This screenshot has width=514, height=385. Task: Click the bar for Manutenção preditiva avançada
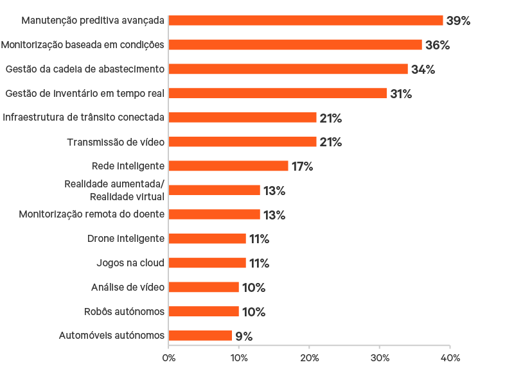[306, 21]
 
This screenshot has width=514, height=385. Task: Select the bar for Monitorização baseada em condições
[296, 45]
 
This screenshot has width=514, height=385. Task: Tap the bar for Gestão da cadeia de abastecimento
[288, 69]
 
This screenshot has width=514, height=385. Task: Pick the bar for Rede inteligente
[229, 166]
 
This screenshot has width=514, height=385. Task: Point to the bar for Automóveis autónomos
[200, 336]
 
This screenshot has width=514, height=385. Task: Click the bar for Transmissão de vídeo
[243, 142]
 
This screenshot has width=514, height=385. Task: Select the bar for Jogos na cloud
[208, 263]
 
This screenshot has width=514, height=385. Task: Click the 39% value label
[458, 21]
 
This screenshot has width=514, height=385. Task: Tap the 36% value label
[437, 46]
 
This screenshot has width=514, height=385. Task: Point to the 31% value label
[401, 94]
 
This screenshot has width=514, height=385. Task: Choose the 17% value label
[302, 167]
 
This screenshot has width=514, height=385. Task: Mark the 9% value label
[244, 336]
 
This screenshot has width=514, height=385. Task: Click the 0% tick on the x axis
[168, 358]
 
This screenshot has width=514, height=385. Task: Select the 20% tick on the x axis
[309, 358]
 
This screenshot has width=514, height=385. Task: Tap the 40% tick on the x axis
[450, 358]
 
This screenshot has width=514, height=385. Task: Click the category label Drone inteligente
[126, 239]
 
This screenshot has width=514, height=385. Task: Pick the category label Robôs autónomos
[125, 312]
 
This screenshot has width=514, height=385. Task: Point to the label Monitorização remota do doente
[92, 214]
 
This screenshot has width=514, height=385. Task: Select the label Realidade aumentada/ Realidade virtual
[114, 190]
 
